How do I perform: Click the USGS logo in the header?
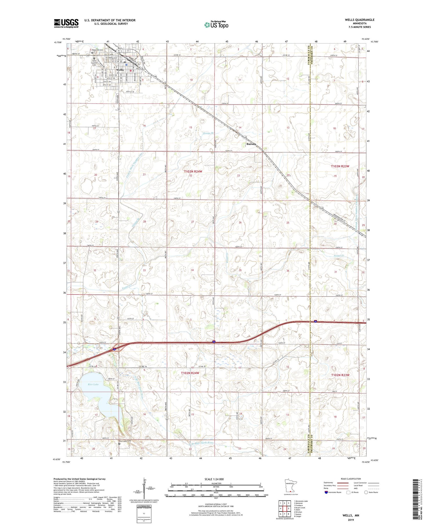coord(66,23)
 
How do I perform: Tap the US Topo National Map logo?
coord(216,25)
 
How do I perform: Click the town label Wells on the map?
coord(119,70)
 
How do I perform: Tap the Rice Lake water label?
coord(93,384)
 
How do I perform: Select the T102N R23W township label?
coord(340,375)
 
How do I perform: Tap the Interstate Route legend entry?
coord(333,492)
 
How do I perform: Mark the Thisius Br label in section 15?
coord(208,133)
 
